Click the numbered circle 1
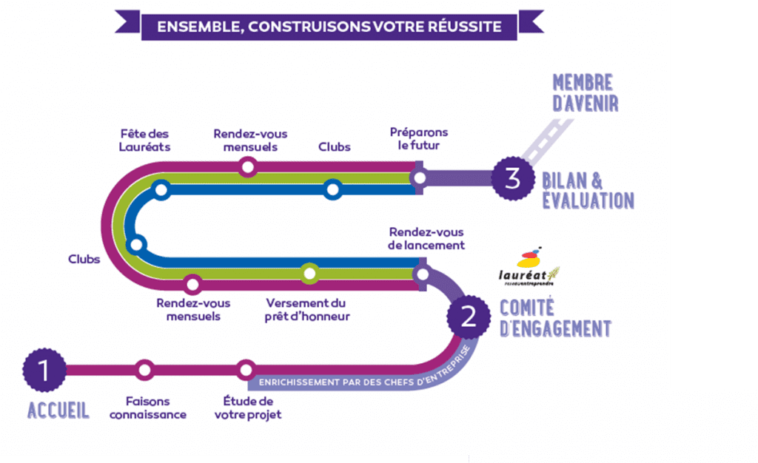coord(44,370)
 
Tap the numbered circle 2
coord(468,317)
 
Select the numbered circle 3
coord(513,178)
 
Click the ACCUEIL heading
coord(58,410)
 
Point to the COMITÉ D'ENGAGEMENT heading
coord(556,319)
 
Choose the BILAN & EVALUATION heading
coord(588,190)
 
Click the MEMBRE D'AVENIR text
coord(585,92)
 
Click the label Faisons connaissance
coord(148,408)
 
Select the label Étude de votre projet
coord(248,408)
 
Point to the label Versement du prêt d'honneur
coord(306,310)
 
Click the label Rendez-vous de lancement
coord(426,238)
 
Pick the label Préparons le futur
coord(419,138)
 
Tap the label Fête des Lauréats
coord(144,140)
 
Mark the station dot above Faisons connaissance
coord(144,370)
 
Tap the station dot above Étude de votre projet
coord(246,370)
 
